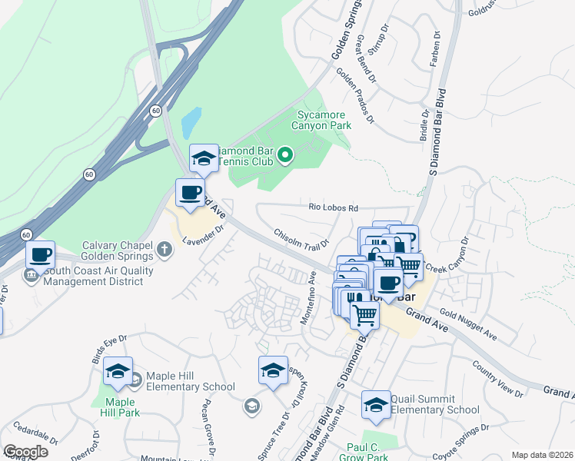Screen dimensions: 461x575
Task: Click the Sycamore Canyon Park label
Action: tap(324, 120)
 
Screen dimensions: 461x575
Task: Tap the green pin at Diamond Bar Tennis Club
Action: tap(285, 157)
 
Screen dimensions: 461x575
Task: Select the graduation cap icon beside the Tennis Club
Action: tap(204, 159)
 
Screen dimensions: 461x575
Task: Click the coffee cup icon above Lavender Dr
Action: tap(190, 193)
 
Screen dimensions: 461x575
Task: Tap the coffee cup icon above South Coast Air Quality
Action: tap(40, 255)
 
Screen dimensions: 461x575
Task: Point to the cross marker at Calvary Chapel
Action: tap(164, 249)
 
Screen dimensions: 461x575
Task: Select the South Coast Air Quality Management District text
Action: tap(93, 276)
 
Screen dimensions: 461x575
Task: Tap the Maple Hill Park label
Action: tap(120, 406)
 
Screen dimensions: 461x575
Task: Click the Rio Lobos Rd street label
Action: tap(334, 207)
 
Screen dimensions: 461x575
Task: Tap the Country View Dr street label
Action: tap(497, 379)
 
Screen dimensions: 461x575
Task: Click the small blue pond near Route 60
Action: tap(190, 120)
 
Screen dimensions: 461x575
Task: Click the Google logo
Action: tap(25, 452)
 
